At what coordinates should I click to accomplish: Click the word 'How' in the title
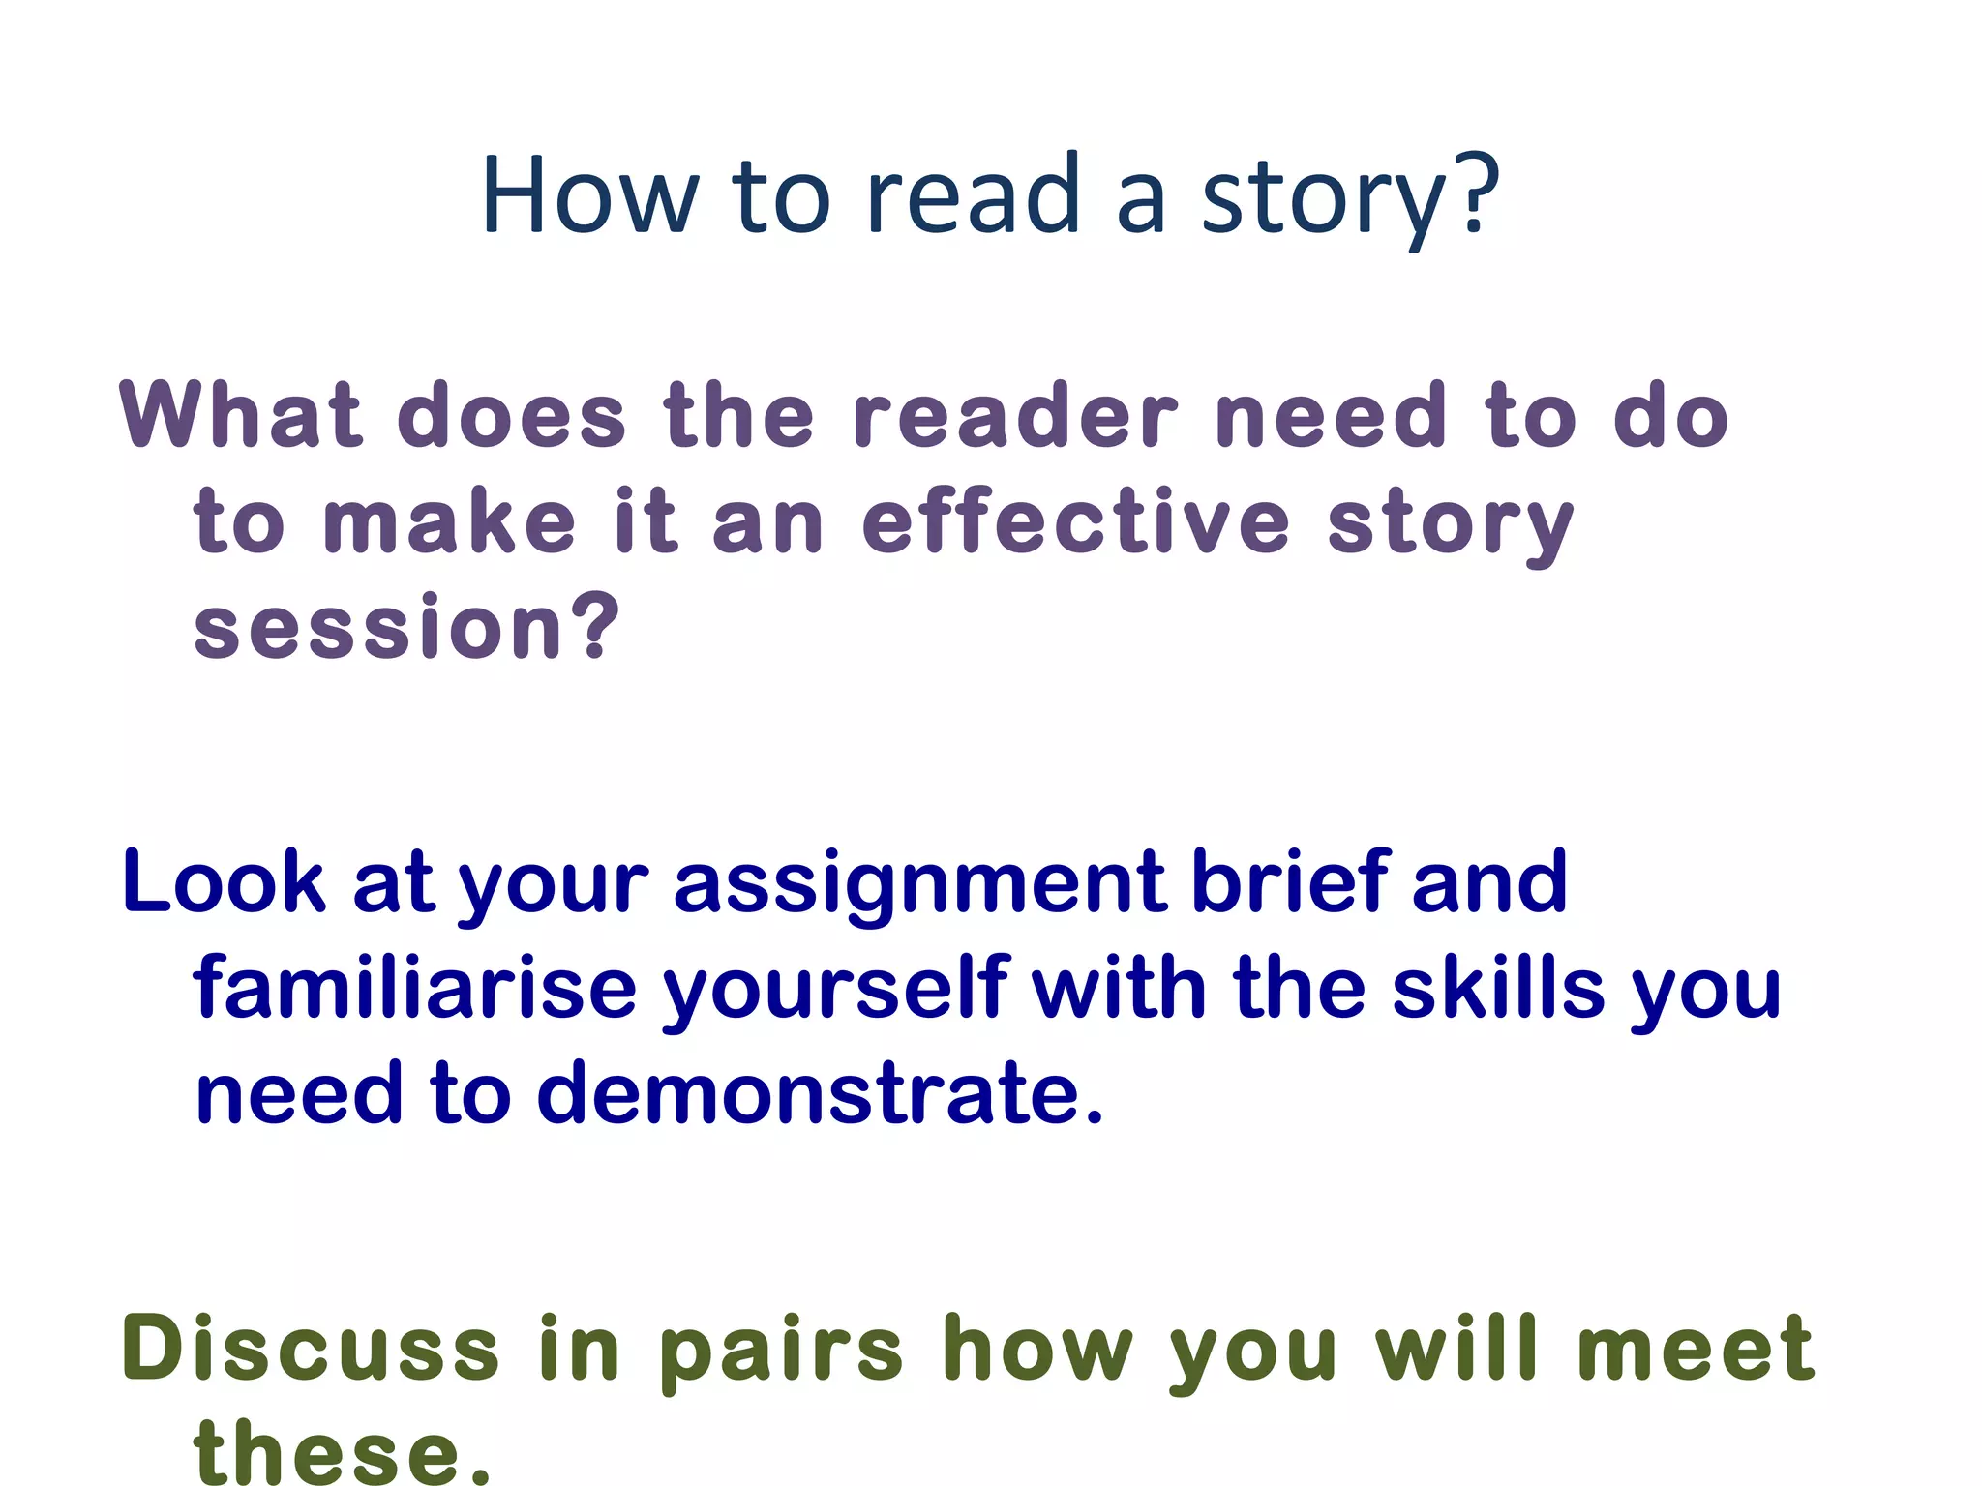click(588, 196)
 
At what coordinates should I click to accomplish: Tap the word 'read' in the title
click(972, 196)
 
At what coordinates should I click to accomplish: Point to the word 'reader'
click(1015, 416)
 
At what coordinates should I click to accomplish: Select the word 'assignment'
click(920, 882)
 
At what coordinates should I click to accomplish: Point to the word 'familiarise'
click(415, 989)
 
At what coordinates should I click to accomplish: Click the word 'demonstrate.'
click(820, 1093)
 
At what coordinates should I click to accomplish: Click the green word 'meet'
click(1695, 1350)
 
